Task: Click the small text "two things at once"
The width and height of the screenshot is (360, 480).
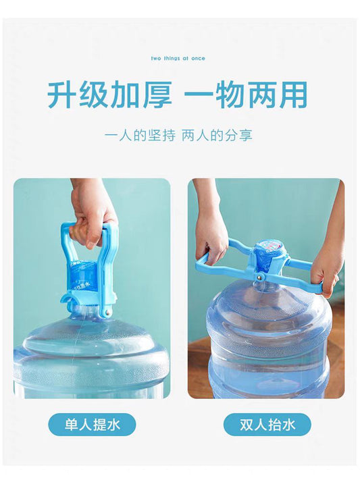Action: [178, 58]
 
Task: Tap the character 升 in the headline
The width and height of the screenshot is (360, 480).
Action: [63, 95]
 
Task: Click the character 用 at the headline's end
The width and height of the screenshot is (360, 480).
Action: [292, 95]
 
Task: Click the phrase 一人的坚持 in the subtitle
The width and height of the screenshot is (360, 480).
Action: [140, 135]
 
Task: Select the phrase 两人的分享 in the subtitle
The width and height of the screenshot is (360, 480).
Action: [217, 135]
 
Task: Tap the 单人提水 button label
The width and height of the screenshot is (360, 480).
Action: [92, 425]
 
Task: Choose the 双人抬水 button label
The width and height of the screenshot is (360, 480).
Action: [267, 425]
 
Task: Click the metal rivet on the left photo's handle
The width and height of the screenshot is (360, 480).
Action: [107, 312]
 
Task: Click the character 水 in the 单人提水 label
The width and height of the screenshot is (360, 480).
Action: [113, 425]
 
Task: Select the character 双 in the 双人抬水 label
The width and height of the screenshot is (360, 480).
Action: [247, 425]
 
